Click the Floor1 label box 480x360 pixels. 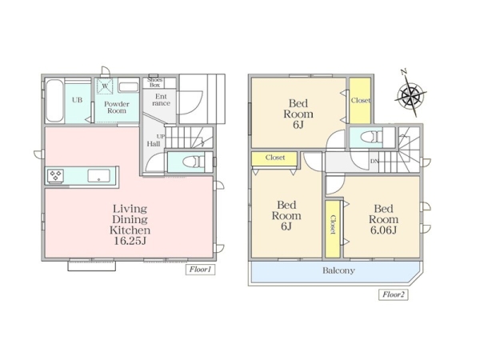click(x=200, y=270)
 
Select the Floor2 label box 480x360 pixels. click(x=394, y=294)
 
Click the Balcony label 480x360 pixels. click(x=338, y=270)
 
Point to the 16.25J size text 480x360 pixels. click(x=130, y=241)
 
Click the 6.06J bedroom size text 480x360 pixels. click(x=383, y=230)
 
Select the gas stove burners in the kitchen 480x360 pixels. click(x=55, y=176)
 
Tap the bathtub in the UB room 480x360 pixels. click(x=54, y=101)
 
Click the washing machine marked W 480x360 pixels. click(x=105, y=86)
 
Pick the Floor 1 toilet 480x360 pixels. click(x=193, y=162)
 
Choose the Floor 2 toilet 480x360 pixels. click(x=371, y=137)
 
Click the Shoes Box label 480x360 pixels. click(x=154, y=82)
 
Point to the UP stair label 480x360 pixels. click(x=161, y=136)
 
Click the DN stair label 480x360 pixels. click(x=374, y=161)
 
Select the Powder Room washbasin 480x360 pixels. click(x=128, y=87)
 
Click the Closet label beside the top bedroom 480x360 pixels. click(x=360, y=100)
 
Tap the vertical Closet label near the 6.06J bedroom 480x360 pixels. click(x=333, y=225)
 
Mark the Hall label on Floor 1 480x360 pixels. click(x=154, y=143)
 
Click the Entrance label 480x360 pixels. click(x=161, y=100)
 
